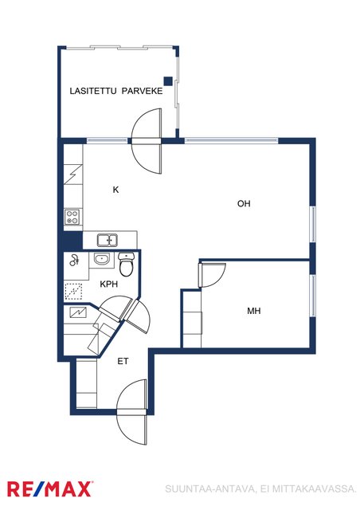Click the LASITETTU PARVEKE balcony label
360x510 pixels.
116,91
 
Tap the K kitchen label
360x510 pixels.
115,190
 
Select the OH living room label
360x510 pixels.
244,204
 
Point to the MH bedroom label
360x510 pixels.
253,311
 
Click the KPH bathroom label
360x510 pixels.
108,284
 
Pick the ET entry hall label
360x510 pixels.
123,361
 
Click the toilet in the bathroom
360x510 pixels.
126,265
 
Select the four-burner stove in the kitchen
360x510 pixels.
72,218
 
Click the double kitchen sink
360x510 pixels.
108,241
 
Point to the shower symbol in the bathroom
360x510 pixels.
75,260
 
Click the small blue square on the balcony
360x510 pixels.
168,81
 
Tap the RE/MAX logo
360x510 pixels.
49,489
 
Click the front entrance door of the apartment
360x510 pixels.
131,412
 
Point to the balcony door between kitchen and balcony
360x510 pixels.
146,141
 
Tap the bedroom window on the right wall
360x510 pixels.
312,296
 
